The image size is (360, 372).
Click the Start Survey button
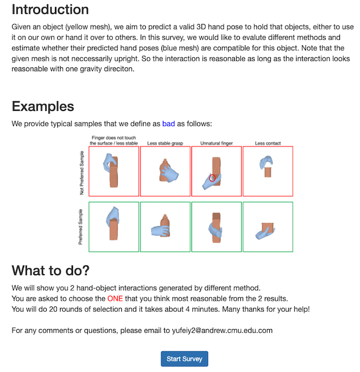click(x=184, y=358)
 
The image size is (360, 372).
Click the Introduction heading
click(x=50, y=9)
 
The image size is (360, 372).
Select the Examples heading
click(x=43, y=106)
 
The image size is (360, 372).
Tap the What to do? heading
click(x=50, y=271)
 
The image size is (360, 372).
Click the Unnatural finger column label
click(x=216, y=143)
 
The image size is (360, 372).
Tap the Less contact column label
click(x=268, y=143)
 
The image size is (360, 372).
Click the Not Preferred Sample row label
click(x=81, y=172)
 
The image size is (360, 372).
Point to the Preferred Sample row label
click(x=81, y=227)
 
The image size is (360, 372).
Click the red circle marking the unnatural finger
click(x=212, y=178)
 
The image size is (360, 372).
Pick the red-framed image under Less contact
click(x=268, y=171)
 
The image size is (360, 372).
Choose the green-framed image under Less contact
click(x=268, y=227)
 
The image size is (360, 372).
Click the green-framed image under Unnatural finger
click(x=216, y=227)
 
